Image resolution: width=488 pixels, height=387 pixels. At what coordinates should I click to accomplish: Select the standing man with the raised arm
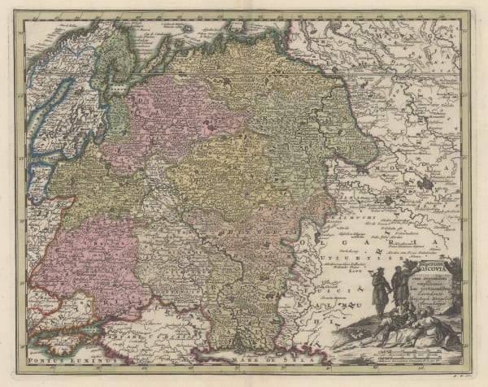[399, 289]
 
